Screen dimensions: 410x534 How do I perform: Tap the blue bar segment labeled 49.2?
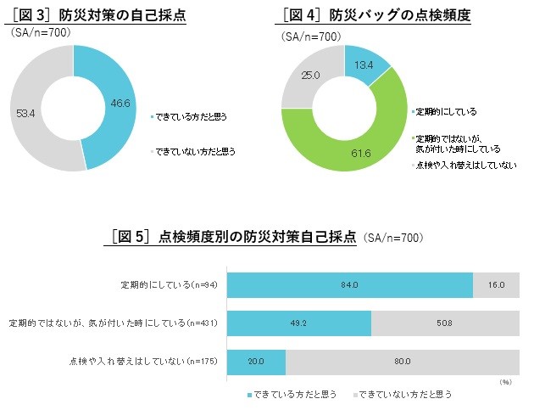tap(299, 323)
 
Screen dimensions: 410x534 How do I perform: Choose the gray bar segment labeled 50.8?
tap(445, 323)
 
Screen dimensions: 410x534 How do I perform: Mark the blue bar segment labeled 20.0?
tap(257, 361)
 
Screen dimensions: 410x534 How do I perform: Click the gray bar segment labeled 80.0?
tap(402, 361)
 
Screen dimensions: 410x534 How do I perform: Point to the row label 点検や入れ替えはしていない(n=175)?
tap(144, 361)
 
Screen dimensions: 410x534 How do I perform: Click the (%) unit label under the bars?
tap(505, 383)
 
